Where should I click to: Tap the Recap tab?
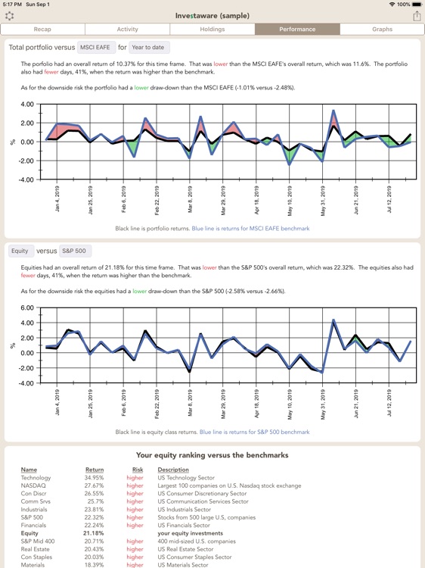(x=42, y=29)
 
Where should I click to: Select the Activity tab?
(x=127, y=29)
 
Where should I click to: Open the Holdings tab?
(x=212, y=29)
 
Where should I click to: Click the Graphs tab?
(x=382, y=29)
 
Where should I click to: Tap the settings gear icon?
(x=10, y=15)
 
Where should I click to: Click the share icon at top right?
(x=416, y=15)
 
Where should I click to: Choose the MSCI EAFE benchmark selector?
(x=96, y=47)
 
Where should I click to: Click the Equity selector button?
(x=20, y=251)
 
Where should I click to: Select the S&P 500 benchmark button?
(x=74, y=251)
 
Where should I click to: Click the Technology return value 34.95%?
(x=95, y=479)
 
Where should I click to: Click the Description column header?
(x=173, y=470)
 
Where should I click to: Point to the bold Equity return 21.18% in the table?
(x=94, y=533)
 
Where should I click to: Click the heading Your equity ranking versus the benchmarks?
(x=212, y=455)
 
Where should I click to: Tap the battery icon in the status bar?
(x=414, y=5)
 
